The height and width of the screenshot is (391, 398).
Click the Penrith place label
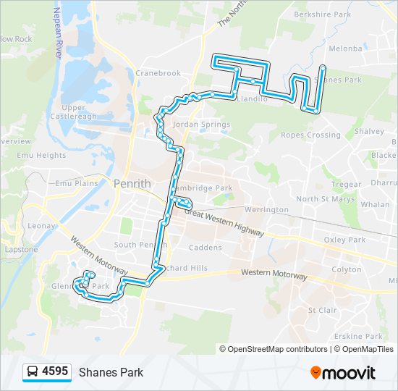(132, 183)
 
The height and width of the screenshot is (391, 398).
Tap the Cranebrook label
(157, 73)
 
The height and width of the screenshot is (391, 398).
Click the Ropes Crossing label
(310, 135)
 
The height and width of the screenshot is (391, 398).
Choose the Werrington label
(266, 209)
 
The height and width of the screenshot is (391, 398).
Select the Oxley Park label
(344, 240)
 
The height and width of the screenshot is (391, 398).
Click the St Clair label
(322, 310)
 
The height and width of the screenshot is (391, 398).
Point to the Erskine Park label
(363, 337)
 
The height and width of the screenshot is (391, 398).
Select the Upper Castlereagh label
(74, 112)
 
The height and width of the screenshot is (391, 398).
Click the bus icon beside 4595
(33, 372)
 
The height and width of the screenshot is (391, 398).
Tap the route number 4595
(55, 372)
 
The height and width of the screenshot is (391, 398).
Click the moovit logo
(343, 372)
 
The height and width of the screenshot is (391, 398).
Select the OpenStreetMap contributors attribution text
(278, 349)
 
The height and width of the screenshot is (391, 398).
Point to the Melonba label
(345, 49)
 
